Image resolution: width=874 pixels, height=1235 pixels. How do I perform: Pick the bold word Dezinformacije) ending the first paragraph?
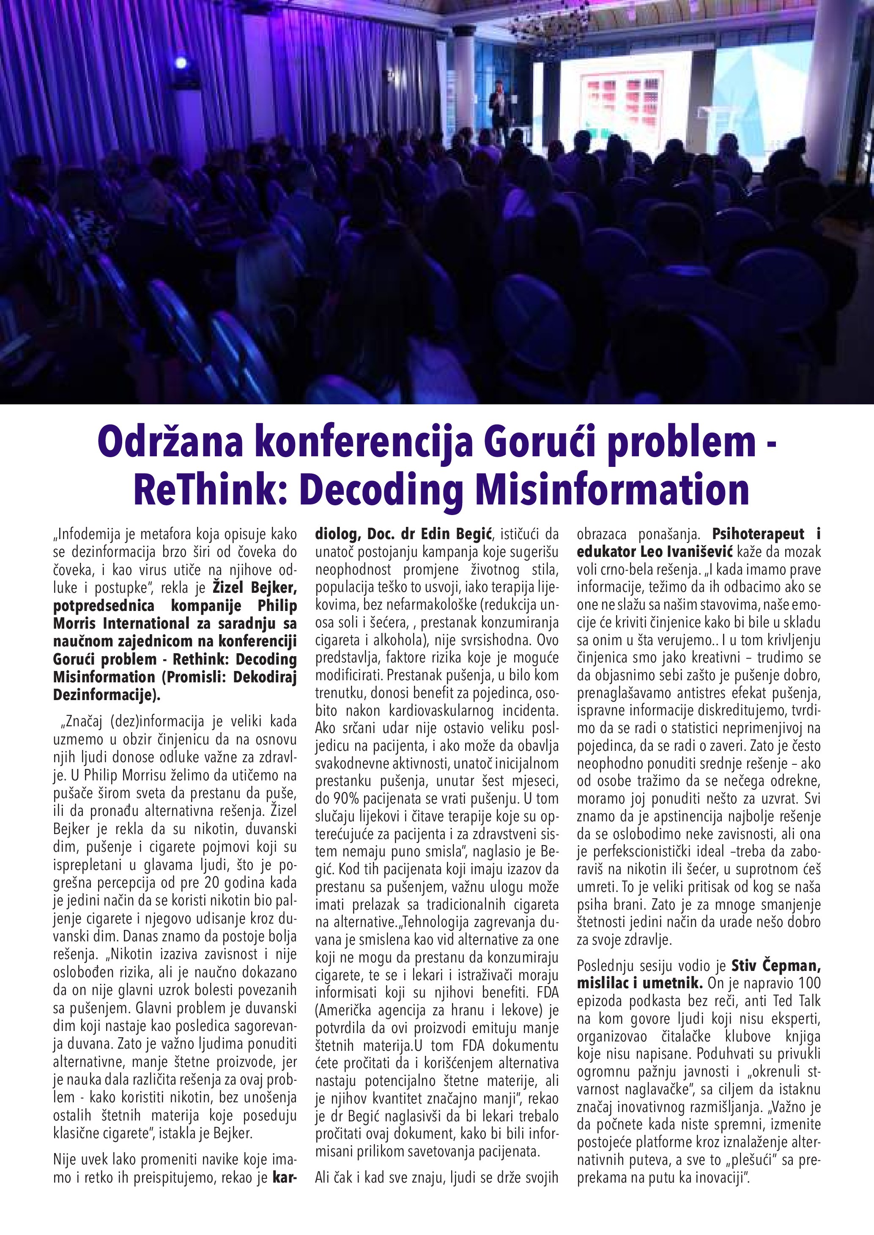[x=107, y=695]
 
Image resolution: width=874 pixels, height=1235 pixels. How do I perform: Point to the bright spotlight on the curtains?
[x=181, y=63]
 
